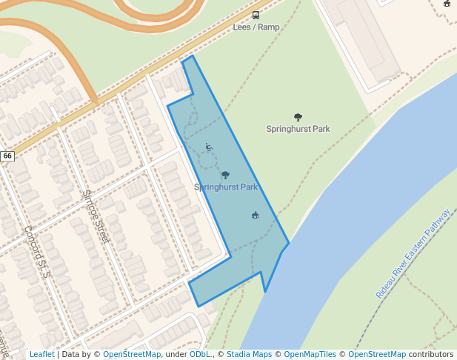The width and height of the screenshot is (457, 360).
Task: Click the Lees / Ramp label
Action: (256, 27)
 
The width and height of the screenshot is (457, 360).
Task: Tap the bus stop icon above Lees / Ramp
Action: (256, 15)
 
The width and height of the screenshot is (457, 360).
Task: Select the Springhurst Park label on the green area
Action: (298, 129)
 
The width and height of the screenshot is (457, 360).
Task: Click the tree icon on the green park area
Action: (298, 117)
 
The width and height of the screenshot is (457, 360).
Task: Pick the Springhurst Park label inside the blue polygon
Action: (226, 187)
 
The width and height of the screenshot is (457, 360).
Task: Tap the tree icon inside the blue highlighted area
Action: (225, 176)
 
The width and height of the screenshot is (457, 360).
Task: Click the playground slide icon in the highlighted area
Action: (209, 147)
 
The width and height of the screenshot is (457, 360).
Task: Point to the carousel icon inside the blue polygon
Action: (255, 215)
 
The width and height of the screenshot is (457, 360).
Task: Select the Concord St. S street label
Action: (35, 252)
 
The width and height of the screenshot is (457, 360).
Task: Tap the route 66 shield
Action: (7, 156)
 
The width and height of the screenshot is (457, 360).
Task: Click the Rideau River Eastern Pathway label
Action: (413, 253)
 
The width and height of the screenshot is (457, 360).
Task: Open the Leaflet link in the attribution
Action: (41, 355)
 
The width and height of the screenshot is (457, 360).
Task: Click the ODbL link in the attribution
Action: (199, 355)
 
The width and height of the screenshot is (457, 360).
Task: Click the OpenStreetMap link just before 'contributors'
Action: (377, 355)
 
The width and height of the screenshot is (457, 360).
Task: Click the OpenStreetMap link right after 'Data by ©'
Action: (132, 355)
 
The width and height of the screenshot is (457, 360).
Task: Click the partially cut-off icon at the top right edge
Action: (447, 3)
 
